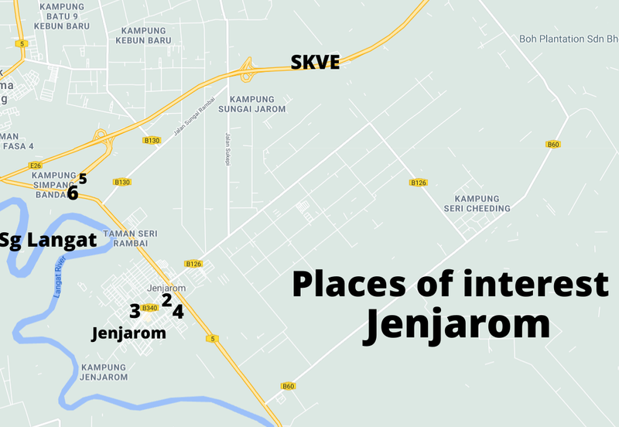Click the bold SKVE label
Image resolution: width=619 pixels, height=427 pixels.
315,63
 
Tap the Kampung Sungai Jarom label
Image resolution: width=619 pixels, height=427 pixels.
258,104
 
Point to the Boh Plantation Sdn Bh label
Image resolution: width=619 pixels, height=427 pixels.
569,38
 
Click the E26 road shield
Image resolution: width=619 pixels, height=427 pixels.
34,166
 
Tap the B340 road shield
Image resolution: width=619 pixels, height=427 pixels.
150,308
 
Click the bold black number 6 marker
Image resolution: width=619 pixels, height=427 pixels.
73,193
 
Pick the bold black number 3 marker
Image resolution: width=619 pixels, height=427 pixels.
135,312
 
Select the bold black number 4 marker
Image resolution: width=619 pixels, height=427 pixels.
178,313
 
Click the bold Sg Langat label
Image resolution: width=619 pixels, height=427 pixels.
48,240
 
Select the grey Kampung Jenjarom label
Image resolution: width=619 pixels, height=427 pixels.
103,372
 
